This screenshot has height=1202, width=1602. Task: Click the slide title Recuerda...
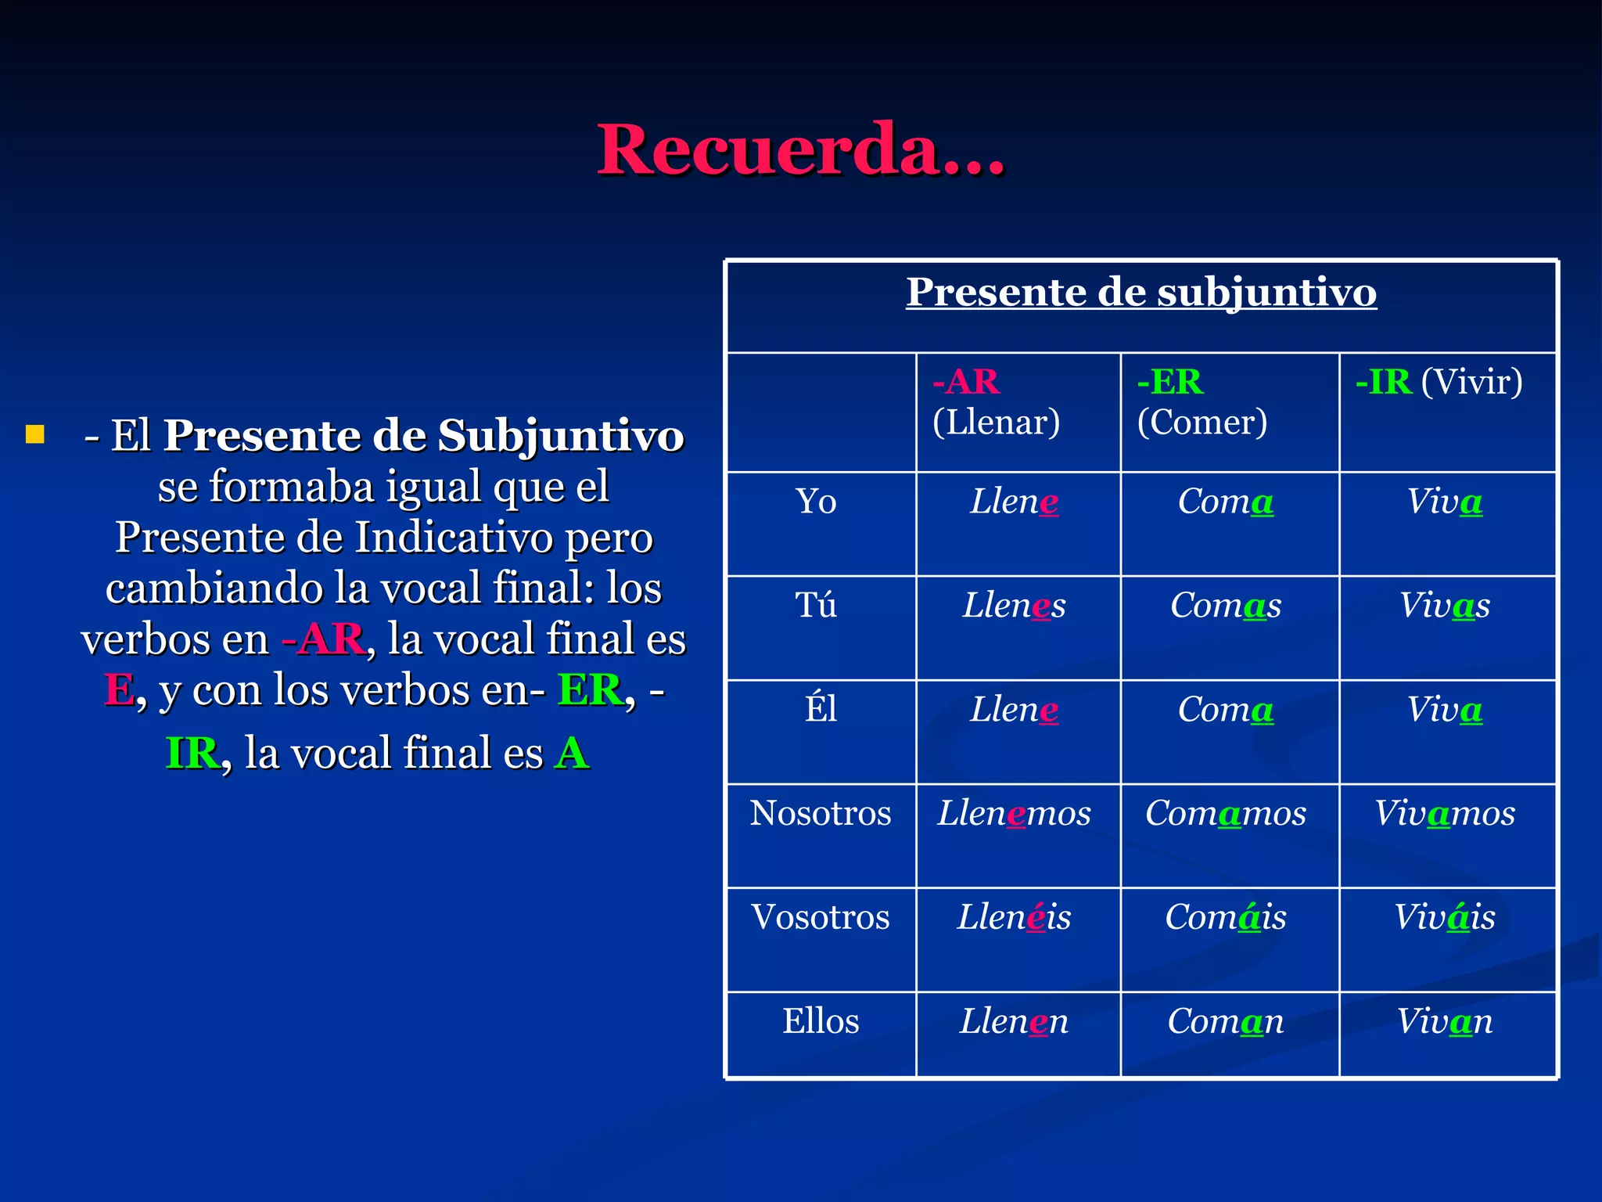(x=800, y=149)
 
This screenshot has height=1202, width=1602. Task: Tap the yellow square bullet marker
(x=35, y=434)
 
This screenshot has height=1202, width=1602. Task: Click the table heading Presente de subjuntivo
(x=1141, y=293)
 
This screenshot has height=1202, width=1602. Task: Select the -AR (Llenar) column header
(x=996, y=401)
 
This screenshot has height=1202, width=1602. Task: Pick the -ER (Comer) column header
(x=1201, y=401)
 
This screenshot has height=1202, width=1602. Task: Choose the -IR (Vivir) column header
(x=1439, y=382)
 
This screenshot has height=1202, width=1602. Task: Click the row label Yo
(x=816, y=502)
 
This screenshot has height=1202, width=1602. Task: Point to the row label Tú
(x=816, y=606)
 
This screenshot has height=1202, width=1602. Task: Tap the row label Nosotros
(x=821, y=814)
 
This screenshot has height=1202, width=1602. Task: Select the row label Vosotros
(x=821, y=917)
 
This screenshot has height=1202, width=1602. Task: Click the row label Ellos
(x=821, y=1021)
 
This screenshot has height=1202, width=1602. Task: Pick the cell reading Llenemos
(x=1014, y=814)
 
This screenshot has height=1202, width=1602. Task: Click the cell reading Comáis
(x=1225, y=917)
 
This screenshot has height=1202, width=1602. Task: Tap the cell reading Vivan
(x=1444, y=1021)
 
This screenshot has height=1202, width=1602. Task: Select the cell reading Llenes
(x=1014, y=606)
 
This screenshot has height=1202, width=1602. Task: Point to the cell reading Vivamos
(x=1444, y=814)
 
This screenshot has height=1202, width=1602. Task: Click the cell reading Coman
(x=1225, y=1021)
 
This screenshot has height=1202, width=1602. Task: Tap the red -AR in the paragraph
(x=323, y=639)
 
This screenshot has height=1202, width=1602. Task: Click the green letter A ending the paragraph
(x=572, y=754)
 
